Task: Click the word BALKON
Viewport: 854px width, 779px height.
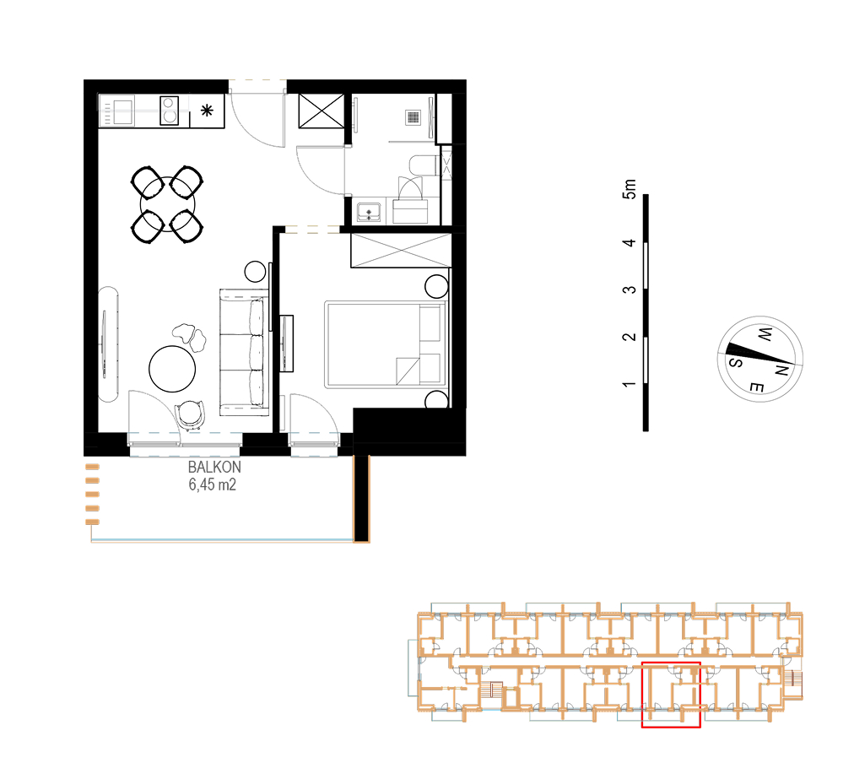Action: (x=214, y=467)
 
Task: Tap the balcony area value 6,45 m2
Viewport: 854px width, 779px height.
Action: (x=213, y=484)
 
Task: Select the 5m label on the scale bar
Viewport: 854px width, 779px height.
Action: (x=629, y=189)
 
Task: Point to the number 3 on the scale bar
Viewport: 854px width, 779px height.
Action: (x=629, y=289)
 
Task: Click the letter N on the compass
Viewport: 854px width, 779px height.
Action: (x=781, y=371)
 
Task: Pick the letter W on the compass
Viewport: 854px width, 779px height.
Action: (x=765, y=334)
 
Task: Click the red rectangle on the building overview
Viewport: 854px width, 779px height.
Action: (x=671, y=695)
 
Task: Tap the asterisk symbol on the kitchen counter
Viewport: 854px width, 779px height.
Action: (x=207, y=111)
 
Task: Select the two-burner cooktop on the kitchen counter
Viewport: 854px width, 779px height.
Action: (x=170, y=110)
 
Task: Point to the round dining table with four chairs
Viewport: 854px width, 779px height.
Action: (x=167, y=204)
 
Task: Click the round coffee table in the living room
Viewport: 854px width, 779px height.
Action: (x=172, y=369)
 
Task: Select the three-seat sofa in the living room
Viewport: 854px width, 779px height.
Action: (x=245, y=353)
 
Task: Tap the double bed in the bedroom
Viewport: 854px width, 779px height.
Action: (x=385, y=344)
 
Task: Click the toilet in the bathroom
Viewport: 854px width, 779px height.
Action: (x=424, y=165)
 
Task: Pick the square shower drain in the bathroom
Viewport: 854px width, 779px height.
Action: (x=413, y=117)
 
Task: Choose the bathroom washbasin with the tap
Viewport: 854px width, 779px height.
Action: (x=370, y=212)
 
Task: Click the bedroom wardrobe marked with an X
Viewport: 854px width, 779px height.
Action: (x=401, y=250)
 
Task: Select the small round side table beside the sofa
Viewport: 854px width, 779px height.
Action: (x=255, y=271)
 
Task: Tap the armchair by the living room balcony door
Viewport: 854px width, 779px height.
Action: (x=190, y=414)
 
